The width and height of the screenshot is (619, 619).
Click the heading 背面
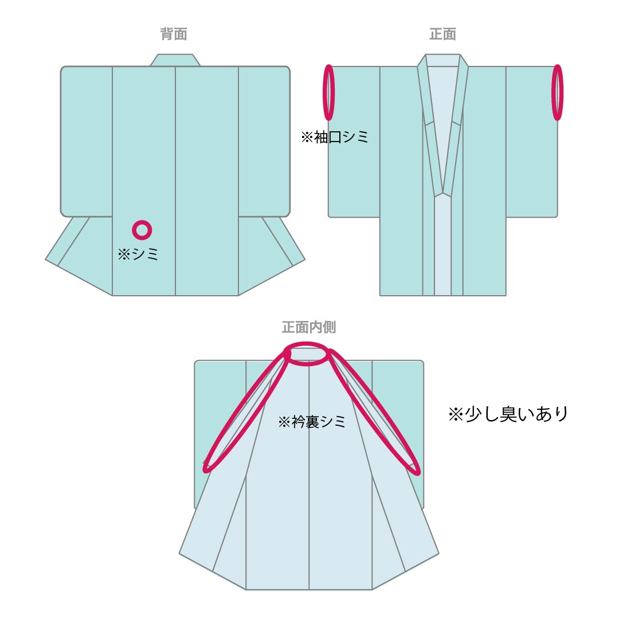coord(174,34)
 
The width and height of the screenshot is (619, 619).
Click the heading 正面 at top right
coord(442,34)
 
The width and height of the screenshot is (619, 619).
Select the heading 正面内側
coord(309,327)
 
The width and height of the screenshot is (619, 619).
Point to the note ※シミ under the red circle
coord(138,254)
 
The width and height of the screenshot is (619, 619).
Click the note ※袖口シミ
coord(334,137)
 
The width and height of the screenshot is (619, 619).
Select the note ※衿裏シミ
coord(312,422)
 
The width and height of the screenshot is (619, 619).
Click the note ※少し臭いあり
coord(508,414)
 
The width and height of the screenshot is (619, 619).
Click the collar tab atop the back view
coord(175,60)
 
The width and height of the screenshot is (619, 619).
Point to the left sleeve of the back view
coord(87,142)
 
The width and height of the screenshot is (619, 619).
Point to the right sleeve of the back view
coord(264,142)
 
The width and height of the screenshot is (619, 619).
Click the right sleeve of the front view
coord(532,142)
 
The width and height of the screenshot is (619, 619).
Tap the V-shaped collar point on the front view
coord(442,194)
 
